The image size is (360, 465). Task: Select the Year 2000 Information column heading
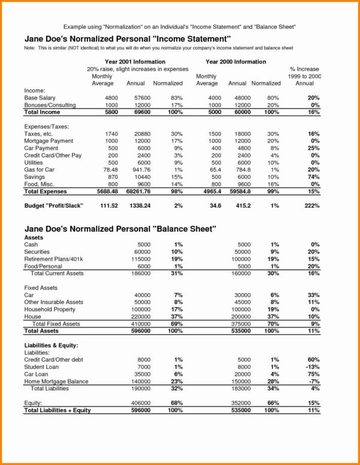pyautogui.click(x=235, y=62)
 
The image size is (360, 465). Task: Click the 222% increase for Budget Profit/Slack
pyautogui.click(x=309, y=206)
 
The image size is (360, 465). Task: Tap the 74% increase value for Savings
pyautogui.click(x=312, y=177)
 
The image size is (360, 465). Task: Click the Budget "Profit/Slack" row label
pyautogui.click(x=53, y=206)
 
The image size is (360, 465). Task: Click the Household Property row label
pyautogui.click(x=50, y=309)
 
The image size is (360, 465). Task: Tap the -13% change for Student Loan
pyautogui.click(x=311, y=366)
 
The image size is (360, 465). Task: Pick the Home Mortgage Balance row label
pyautogui.click(x=56, y=381)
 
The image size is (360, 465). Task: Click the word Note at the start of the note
pyautogui.click(x=29, y=47)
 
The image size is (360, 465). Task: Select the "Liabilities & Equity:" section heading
pyautogui.click(x=51, y=346)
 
